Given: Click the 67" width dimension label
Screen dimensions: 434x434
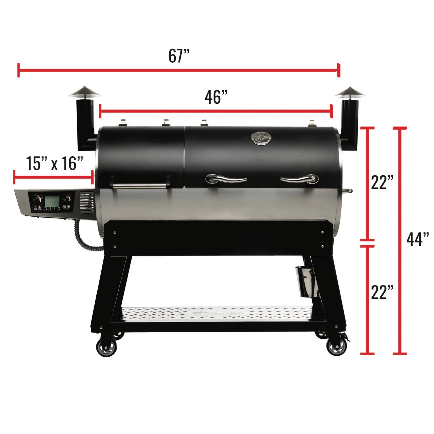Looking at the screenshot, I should [x=179, y=56].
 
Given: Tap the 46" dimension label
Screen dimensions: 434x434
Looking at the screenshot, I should [x=216, y=97].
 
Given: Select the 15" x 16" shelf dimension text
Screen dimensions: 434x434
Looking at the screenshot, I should [x=55, y=163].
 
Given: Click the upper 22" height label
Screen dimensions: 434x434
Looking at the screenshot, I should [x=382, y=183].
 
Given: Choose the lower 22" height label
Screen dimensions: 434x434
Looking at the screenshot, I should [x=382, y=292].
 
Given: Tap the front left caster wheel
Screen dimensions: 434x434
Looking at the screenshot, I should [x=106, y=347].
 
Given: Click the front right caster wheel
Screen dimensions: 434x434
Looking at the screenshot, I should [x=336, y=347].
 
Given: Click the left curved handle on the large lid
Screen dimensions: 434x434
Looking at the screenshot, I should [x=226, y=179].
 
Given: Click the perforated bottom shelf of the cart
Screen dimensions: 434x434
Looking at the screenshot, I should [x=217, y=313].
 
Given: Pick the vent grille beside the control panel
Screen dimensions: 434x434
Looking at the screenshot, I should [x=87, y=204].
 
